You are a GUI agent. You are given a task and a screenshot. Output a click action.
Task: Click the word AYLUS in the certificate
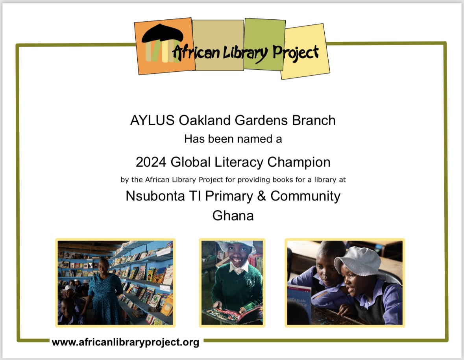(152, 121)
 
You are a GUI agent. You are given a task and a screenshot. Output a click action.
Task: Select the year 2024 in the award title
(151, 162)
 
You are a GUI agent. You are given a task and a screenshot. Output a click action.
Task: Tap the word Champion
(299, 163)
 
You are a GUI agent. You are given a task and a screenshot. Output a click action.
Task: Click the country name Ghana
(233, 215)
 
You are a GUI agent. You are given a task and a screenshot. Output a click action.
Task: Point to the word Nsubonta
(155, 196)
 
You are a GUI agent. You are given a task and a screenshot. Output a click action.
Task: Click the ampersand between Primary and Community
(261, 196)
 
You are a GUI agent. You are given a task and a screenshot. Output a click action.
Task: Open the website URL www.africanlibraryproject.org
(126, 342)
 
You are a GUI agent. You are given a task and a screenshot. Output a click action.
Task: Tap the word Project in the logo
(295, 53)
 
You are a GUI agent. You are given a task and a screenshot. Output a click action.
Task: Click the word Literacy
(239, 163)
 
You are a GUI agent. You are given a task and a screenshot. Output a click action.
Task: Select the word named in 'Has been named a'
(254, 139)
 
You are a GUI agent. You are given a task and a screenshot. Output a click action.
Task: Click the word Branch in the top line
(314, 121)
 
